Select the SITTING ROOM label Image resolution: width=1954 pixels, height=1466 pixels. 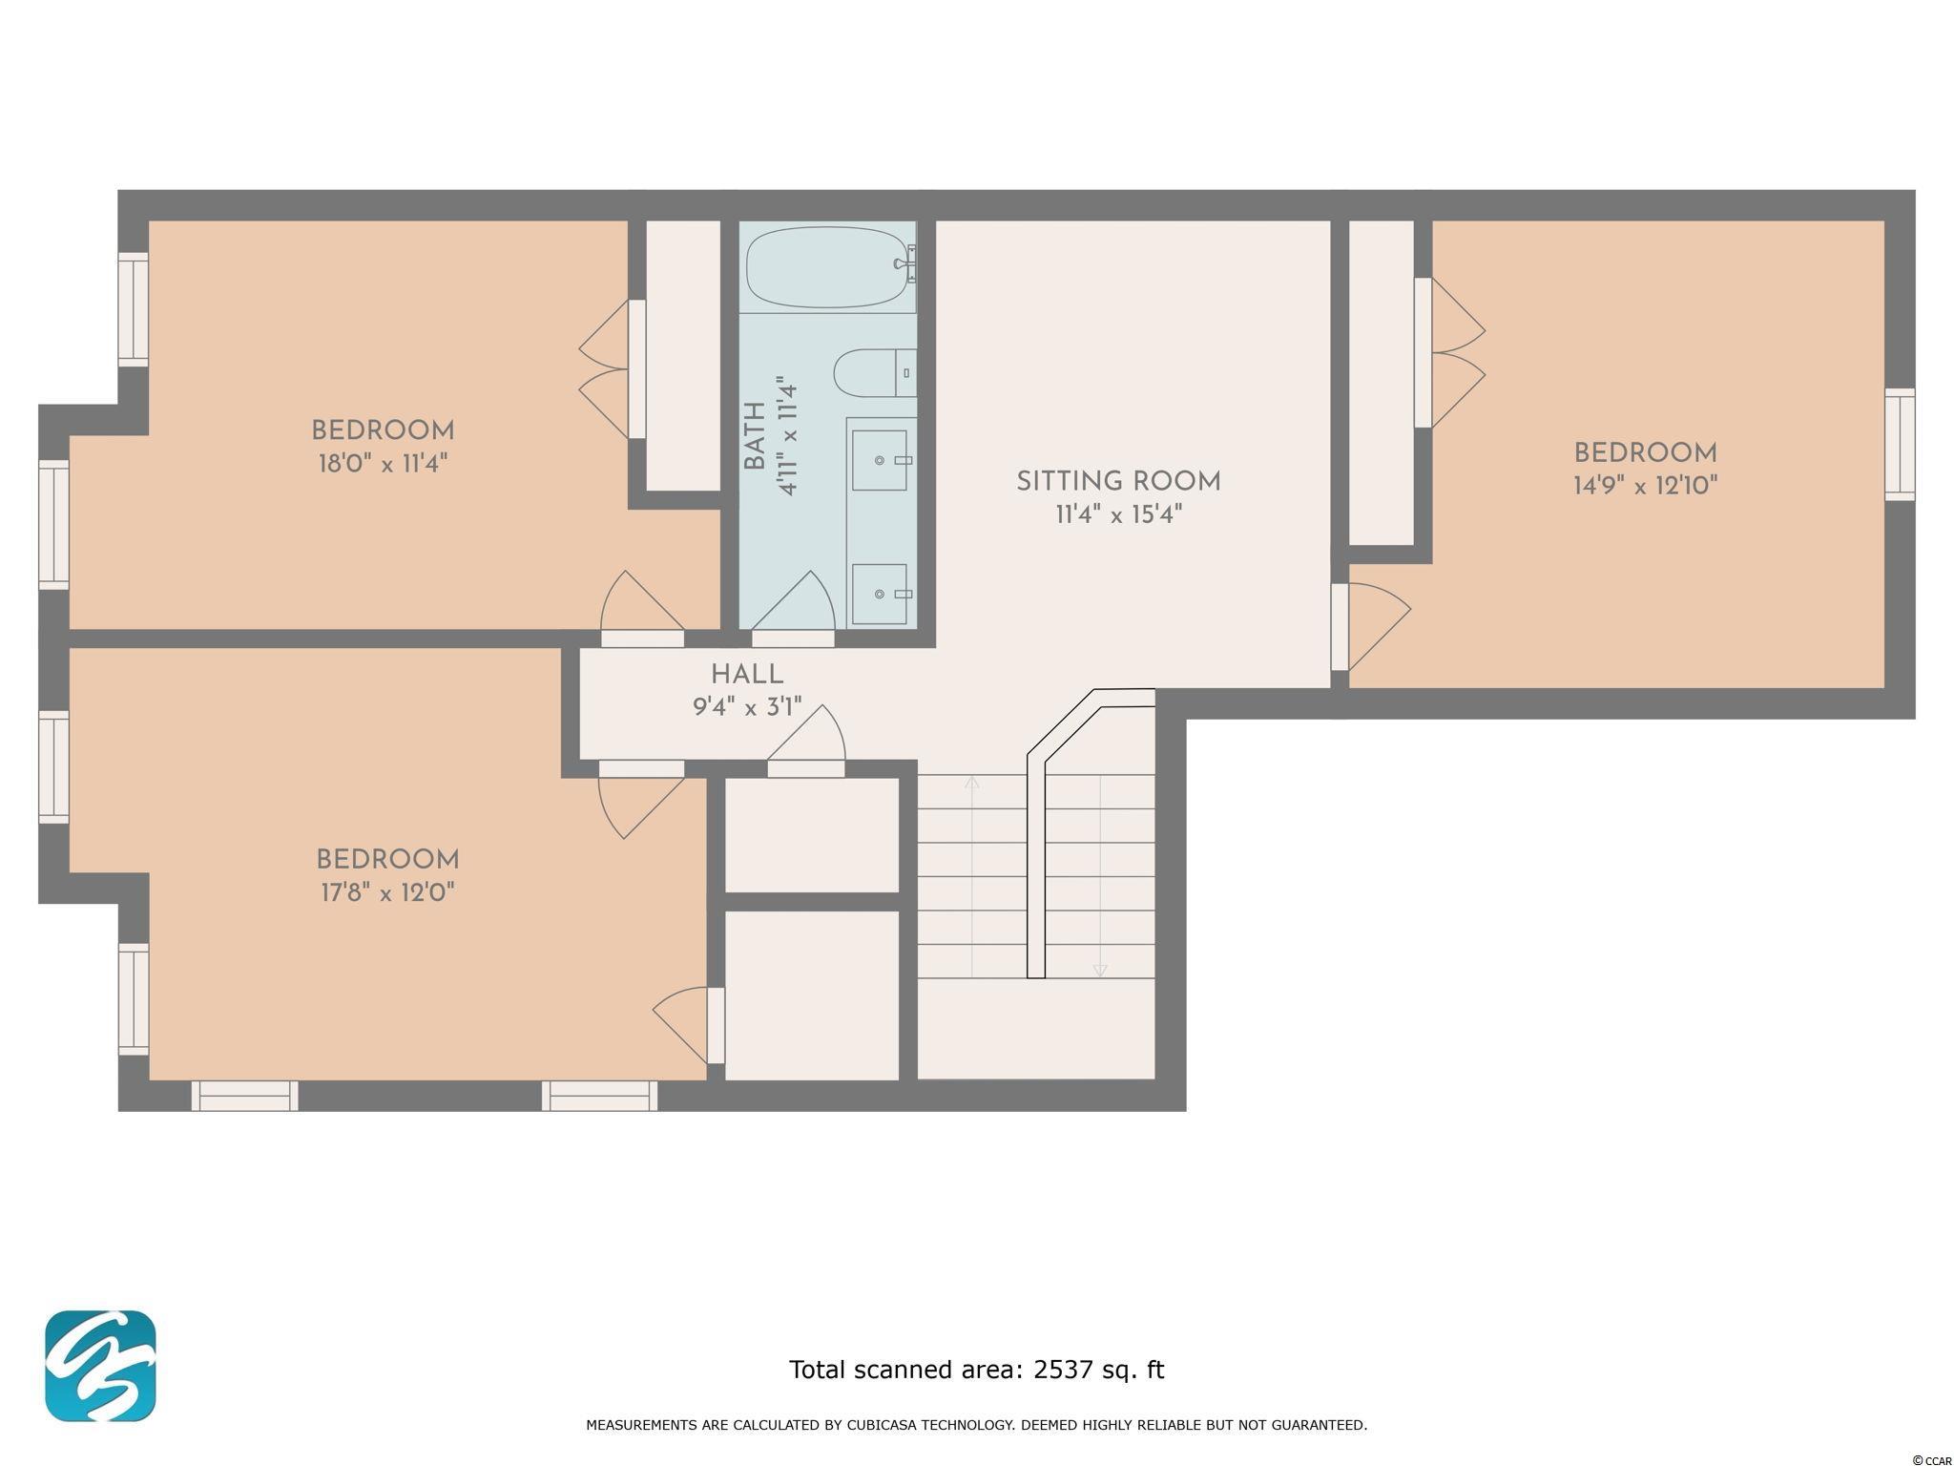point(1118,482)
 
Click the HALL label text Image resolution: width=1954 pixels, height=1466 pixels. point(747,675)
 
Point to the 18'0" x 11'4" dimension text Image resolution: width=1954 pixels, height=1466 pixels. point(383,464)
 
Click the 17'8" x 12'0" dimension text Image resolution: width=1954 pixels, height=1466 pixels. point(387,893)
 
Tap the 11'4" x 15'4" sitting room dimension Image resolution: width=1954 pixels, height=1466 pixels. point(1118,515)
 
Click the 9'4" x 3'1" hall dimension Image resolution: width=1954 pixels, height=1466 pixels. point(747,708)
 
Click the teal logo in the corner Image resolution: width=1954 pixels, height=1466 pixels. point(100,1366)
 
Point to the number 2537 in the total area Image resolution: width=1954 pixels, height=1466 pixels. point(1062,1370)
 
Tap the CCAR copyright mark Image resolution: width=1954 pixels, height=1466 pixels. point(1932,1459)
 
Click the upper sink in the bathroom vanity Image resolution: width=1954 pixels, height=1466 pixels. point(879,460)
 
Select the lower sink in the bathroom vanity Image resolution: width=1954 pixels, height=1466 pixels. point(879,594)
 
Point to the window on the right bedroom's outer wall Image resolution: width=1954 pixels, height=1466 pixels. point(1900,444)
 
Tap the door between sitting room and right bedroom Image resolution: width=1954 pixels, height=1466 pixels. point(1370,626)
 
